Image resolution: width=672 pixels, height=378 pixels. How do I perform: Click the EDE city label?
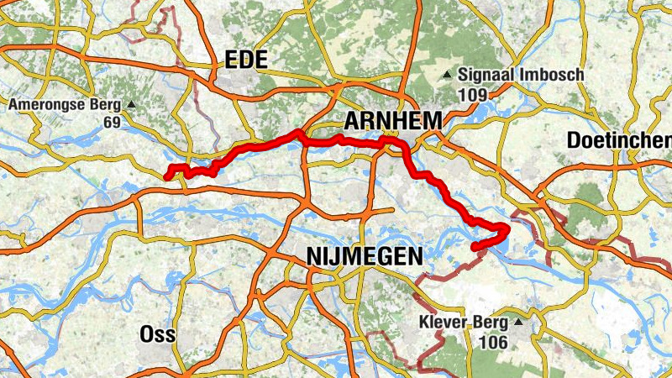coord(246,60)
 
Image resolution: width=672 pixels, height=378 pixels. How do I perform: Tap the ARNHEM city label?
coord(391,121)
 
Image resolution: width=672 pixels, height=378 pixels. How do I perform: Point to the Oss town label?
coord(157,334)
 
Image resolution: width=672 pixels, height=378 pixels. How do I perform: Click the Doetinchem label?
coord(619,140)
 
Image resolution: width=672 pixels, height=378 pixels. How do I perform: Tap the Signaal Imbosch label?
coord(522,75)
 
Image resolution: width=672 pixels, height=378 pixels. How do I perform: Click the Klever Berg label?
coord(463,322)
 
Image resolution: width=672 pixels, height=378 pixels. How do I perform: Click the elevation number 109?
coord(473,94)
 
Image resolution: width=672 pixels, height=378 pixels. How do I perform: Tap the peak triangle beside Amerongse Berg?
coord(132,105)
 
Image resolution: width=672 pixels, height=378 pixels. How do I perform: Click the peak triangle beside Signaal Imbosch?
coord(449,75)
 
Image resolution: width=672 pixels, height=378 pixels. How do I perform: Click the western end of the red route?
coord(167,176)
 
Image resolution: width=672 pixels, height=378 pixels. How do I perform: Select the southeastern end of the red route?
coord(475,247)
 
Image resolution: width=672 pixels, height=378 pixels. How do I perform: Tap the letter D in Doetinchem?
coord(573,140)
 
